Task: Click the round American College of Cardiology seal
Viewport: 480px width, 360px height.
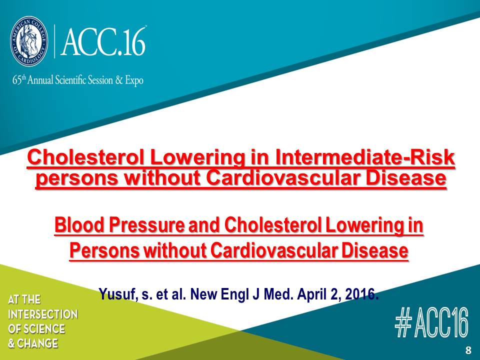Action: point(29,40)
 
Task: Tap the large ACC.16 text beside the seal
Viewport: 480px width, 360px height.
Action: point(103,41)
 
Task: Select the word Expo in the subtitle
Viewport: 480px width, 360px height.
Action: point(134,80)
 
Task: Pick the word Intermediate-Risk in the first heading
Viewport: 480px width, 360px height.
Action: point(364,157)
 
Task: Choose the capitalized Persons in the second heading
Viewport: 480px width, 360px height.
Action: point(104,250)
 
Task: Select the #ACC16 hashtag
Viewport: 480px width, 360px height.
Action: point(431,322)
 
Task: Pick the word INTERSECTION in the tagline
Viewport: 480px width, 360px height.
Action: point(43,314)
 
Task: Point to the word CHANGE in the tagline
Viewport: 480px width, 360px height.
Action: point(37,343)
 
